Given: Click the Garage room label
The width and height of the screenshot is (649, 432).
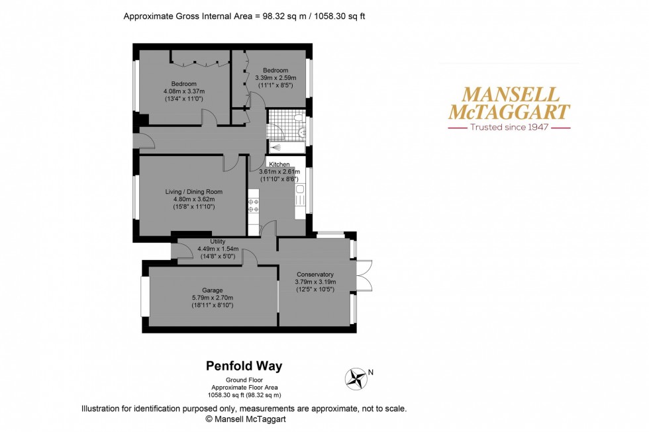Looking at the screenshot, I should tap(213, 290).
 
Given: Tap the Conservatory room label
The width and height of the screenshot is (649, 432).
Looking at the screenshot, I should tap(315, 275).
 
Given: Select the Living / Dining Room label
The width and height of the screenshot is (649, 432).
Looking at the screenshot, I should tap(193, 192).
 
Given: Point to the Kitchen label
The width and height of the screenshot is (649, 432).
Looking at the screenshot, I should tap(279, 164).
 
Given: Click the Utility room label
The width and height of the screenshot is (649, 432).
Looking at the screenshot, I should tap(219, 242).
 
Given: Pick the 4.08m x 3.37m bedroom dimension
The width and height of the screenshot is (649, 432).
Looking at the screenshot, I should tap(184, 91).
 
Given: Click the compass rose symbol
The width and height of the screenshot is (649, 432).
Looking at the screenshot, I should tap(356, 378).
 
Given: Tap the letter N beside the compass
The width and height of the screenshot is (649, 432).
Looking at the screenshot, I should tap(371, 372).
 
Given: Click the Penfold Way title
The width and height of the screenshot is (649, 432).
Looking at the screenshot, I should tap(244, 365).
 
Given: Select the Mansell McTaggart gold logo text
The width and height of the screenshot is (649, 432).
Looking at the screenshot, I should tap(509, 103).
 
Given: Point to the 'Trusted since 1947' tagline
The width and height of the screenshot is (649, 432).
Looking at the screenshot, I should tap(509, 127).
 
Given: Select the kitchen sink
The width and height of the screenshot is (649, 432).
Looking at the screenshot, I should tap(300, 192).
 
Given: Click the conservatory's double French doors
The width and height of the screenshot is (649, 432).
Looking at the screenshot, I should tap(362, 275).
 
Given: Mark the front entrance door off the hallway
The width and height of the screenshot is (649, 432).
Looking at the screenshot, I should tap(140, 140).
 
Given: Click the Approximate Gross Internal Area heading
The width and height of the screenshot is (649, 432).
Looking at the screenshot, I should tap(244, 17).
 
